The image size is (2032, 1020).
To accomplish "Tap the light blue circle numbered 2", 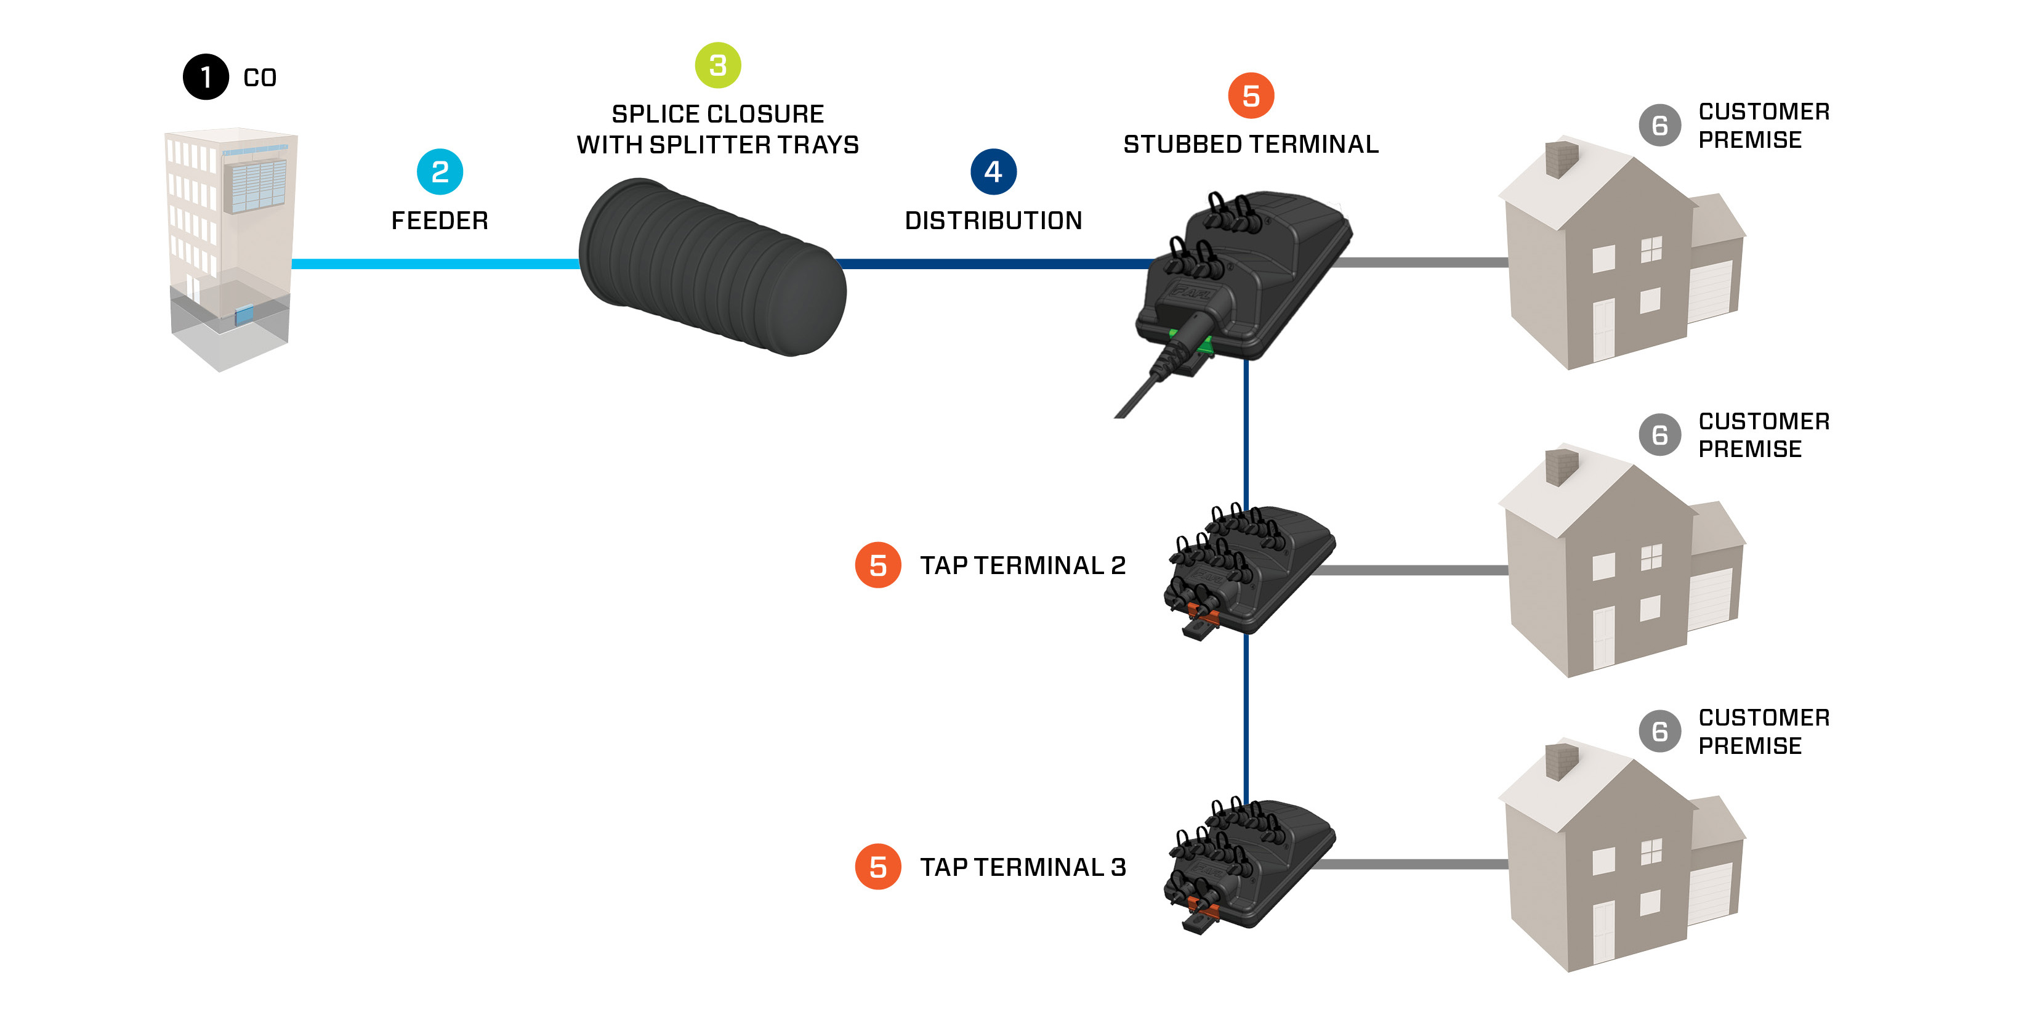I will (x=440, y=171).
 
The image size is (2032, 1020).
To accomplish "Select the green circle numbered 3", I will (x=717, y=65).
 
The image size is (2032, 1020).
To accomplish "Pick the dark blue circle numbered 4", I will (x=993, y=171).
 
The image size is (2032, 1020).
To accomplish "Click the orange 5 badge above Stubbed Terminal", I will (x=1250, y=95).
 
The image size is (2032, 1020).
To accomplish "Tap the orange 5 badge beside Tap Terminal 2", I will (x=877, y=565).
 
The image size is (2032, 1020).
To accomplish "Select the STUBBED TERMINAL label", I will (x=1250, y=144).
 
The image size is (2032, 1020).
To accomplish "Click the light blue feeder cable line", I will (x=434, y=264).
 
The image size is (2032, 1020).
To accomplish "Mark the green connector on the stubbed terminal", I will (x=1191, y=343).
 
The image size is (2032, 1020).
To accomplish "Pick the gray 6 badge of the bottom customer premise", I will (x=1659, y=731).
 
